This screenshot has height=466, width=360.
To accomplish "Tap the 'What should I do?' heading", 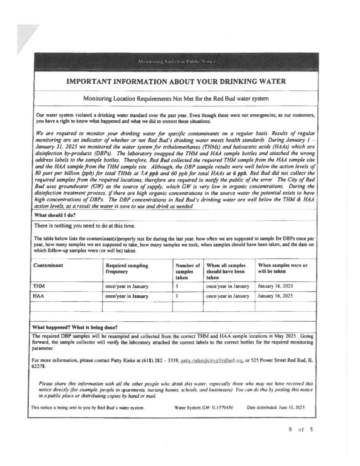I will (x=54, y=215).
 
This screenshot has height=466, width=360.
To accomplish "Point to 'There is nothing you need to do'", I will (x=84, y=226).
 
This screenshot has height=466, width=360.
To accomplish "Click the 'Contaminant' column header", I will (x=48, y=265).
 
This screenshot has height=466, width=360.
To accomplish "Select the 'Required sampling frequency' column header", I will (x=127, y=268).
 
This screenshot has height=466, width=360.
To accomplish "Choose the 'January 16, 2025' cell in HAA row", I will (x=275, y=296).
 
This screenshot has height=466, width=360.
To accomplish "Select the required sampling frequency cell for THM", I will (x=127, y=287).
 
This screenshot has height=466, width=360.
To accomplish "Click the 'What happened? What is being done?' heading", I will (x=75, y=327).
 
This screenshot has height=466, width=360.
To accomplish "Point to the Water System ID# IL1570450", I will (x=203, y=408).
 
